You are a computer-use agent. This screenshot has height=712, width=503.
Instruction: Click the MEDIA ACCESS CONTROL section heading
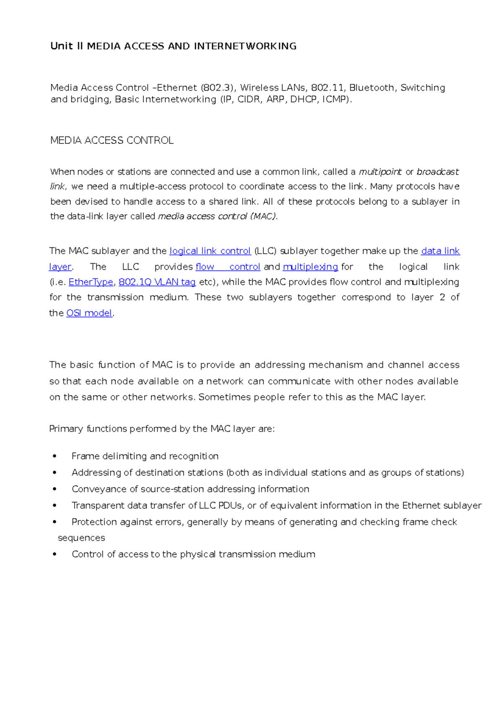(111, 140)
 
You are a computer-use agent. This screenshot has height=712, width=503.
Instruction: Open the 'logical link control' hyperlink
(210, 251)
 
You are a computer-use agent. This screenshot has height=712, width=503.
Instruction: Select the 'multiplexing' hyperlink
(311, 267)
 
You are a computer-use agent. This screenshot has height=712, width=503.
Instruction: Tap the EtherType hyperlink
(91, 282)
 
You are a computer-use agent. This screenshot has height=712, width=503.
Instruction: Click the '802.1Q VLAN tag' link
(157, 282)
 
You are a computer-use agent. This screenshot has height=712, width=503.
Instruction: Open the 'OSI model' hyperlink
(89, 313)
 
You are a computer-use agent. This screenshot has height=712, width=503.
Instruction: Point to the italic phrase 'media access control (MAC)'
(217, 216)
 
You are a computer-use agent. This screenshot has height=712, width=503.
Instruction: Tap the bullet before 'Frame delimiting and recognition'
(54, 456)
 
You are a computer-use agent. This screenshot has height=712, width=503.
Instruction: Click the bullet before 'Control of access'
(54, 554)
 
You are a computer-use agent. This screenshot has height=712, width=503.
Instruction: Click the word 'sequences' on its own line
(81, 538)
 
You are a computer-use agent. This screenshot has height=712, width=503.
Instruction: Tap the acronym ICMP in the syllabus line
(335, 99)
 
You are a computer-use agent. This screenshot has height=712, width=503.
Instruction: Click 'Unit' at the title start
(61, 46)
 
